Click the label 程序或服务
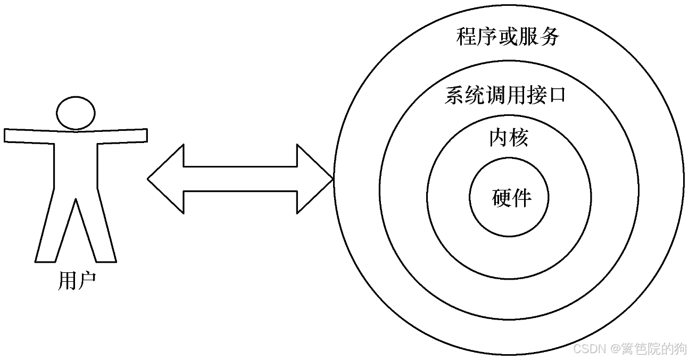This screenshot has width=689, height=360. pos(508,37)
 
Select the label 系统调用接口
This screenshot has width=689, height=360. pos(504,96)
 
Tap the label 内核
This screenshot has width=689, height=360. pos(508,138)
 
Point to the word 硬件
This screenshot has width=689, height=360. pos(511,198)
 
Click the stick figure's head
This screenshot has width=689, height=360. pos(76,113)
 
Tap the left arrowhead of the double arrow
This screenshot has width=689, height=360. pos(165,179)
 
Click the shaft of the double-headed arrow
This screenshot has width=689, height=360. pos(239,179)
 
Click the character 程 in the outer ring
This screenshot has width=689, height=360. pos(467,37)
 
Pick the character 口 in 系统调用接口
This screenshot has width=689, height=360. pos(555,96)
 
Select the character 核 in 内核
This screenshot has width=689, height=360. pos(518,138)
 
